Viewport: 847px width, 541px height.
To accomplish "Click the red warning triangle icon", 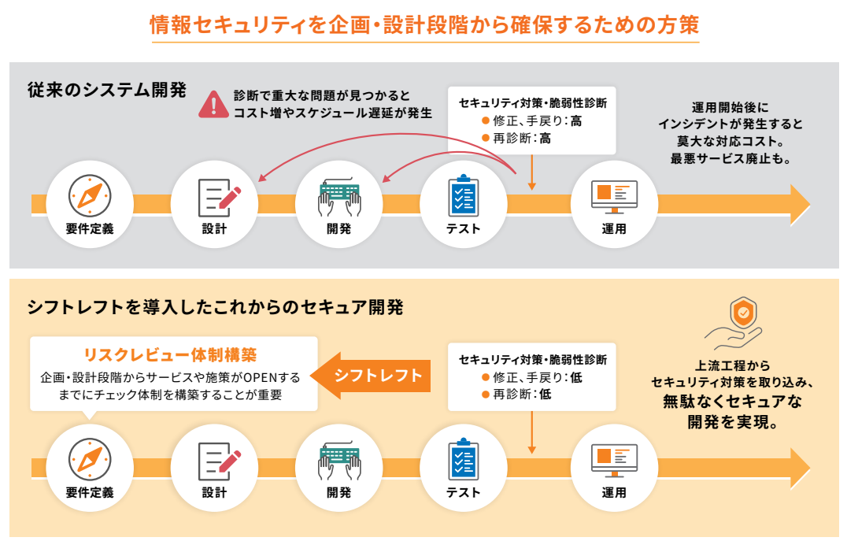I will click(212, 105).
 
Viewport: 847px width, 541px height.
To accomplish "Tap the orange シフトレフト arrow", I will click(374, 375).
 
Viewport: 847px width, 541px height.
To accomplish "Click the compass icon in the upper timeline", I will click(90, 195).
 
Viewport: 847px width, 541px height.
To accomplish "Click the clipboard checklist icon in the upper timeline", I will click(463, 195).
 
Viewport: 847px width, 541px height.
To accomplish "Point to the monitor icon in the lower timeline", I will click(614, 459).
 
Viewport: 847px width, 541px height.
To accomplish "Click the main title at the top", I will click(423, 25).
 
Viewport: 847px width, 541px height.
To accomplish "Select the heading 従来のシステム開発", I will click(106, 89).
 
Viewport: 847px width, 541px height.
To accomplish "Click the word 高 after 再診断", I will click(545, 139).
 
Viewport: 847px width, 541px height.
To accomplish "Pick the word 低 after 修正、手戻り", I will click(576, 377).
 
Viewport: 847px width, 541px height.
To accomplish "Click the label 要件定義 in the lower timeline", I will click(90, 493).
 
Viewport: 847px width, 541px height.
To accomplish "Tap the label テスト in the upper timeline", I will click(463, 229).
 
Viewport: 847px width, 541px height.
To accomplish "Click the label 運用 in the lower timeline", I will click(614, 493).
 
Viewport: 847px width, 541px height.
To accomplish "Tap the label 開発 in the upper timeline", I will click(339, 229).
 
